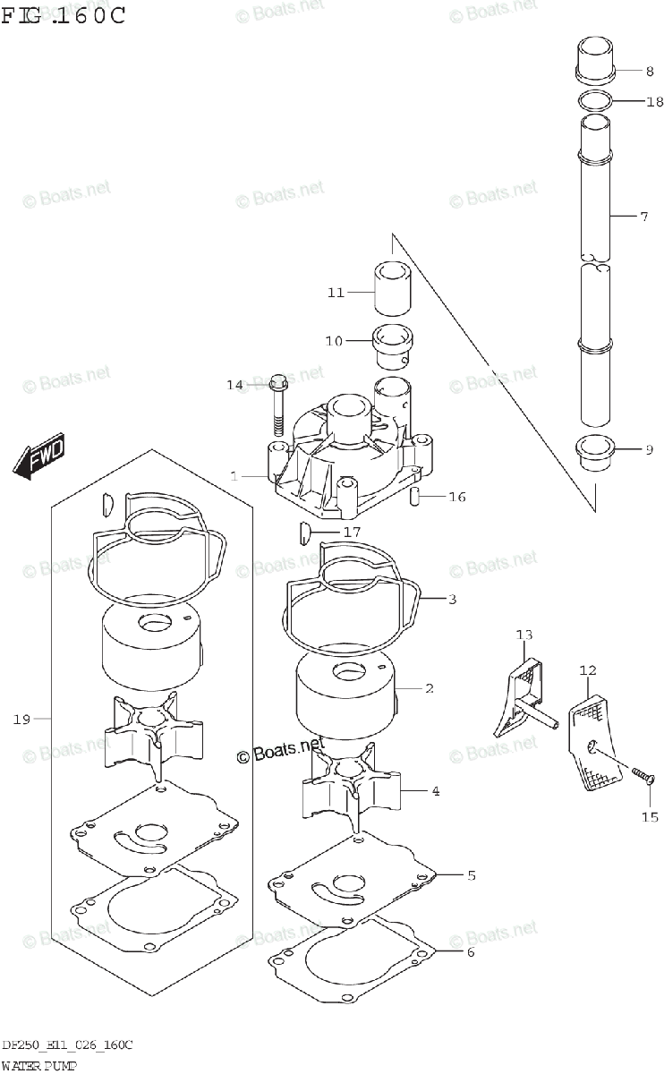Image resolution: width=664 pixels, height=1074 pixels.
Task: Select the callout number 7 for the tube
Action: pyautogui.click(x=643, y=217)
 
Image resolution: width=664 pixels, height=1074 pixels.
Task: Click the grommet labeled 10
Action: pyautogui.click(x=391, y=348)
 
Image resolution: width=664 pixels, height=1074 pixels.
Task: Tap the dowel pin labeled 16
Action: pyautogui.click(x=416, y=497)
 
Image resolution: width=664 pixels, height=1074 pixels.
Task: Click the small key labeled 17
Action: pyautogui.click(x=303, y=534)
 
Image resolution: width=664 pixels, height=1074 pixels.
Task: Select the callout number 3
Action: pyautogui.click(x=453, y=599)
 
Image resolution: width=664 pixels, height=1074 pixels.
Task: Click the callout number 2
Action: pyautogui.click(x=430, y=688)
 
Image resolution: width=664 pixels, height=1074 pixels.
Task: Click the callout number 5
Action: pyautogui.click(x=471, y=874)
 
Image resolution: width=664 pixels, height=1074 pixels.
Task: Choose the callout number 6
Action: pyautogui.click(x=471, y=951)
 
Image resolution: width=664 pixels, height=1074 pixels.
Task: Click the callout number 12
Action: pyautogui.click(x=587, y=669)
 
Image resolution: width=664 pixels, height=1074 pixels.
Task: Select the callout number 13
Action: pyautogui.click(x=524, y=635)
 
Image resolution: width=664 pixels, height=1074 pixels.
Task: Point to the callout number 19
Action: pyautogui.click(x=22, y=718)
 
